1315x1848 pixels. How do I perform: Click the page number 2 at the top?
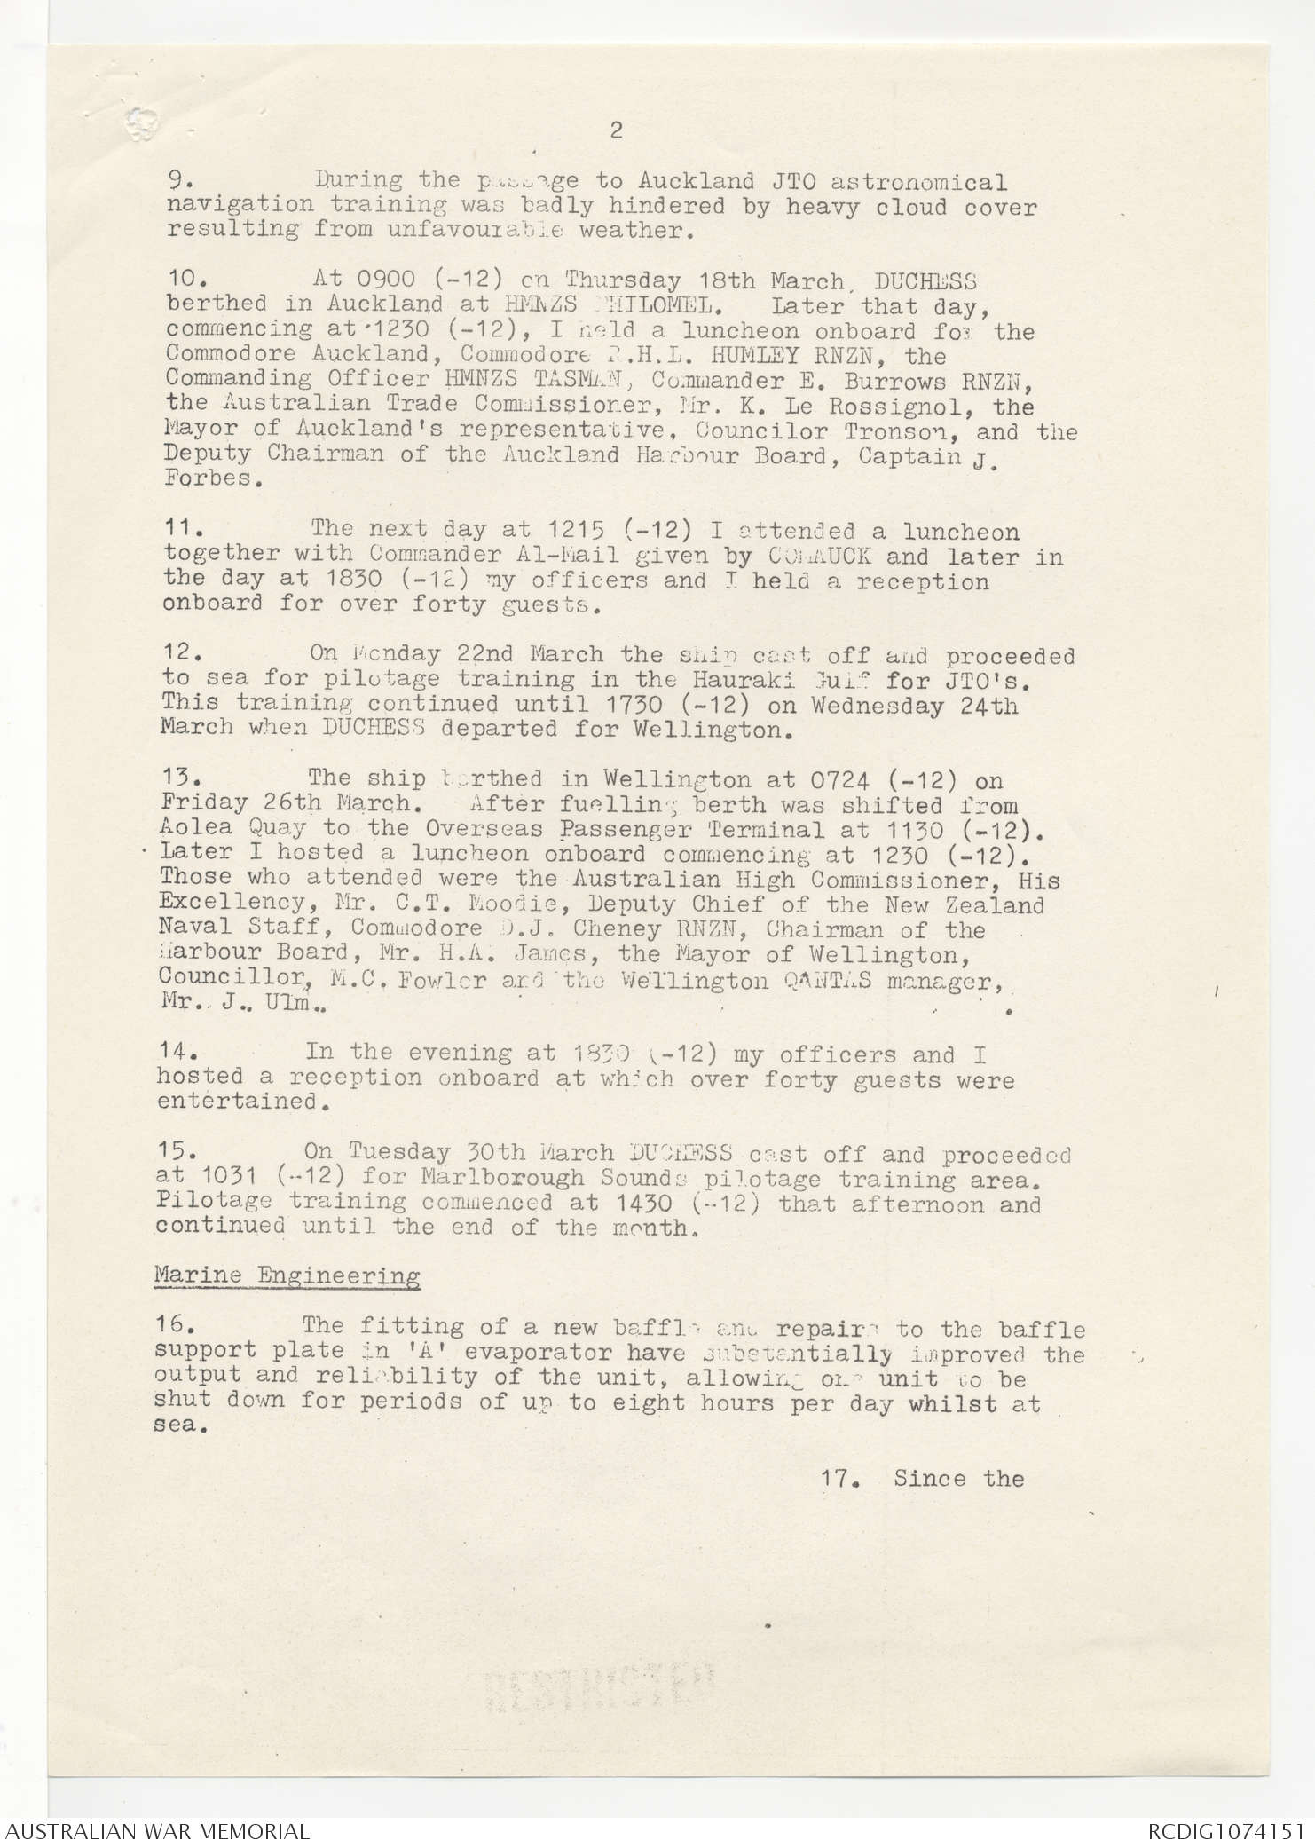pos(616,130)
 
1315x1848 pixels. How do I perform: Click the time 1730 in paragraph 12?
pos(626,706)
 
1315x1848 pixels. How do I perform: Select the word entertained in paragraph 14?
pos(237,1102)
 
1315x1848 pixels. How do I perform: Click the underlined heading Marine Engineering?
pos(287,1276)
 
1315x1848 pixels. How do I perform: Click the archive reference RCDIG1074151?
pos(1224,1831)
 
